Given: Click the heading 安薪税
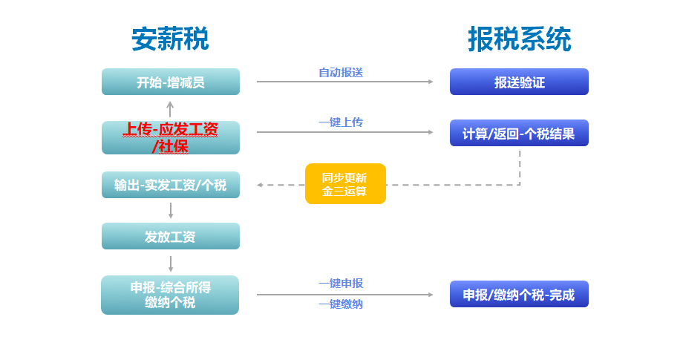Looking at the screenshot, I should [x=170, y=39].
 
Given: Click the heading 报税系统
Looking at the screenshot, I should [x=519, y=39].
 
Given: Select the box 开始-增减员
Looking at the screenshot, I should [x=171, y=82].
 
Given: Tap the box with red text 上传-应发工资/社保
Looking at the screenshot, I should [x=171, y=138].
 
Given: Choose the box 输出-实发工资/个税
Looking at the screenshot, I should [x=171, y=185].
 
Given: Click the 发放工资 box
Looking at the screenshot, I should [x=171, y=237].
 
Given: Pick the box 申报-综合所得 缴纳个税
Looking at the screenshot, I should [x=171, y=295].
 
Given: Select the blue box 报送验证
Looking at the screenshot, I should [x=519, y=82].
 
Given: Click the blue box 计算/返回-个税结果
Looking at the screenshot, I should [x=519, y=134].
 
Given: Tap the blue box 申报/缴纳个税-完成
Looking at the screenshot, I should [x=519, y=294].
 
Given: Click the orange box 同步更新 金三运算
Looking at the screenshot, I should [x=345, y=183].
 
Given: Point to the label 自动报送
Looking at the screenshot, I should [x=341, y=72].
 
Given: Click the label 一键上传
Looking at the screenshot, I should [x=341, y=122].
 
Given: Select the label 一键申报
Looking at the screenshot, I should [x=341, y=283].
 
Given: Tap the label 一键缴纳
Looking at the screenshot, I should [x=341, y=304].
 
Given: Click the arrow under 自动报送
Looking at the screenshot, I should [x=344, y=82].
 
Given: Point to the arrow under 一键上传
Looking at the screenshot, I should [x=344, y=132].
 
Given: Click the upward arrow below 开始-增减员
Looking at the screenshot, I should [x=170, y=108].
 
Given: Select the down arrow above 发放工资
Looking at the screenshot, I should [x=171, y=210].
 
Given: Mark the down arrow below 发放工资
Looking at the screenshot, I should [x=171, y=263].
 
